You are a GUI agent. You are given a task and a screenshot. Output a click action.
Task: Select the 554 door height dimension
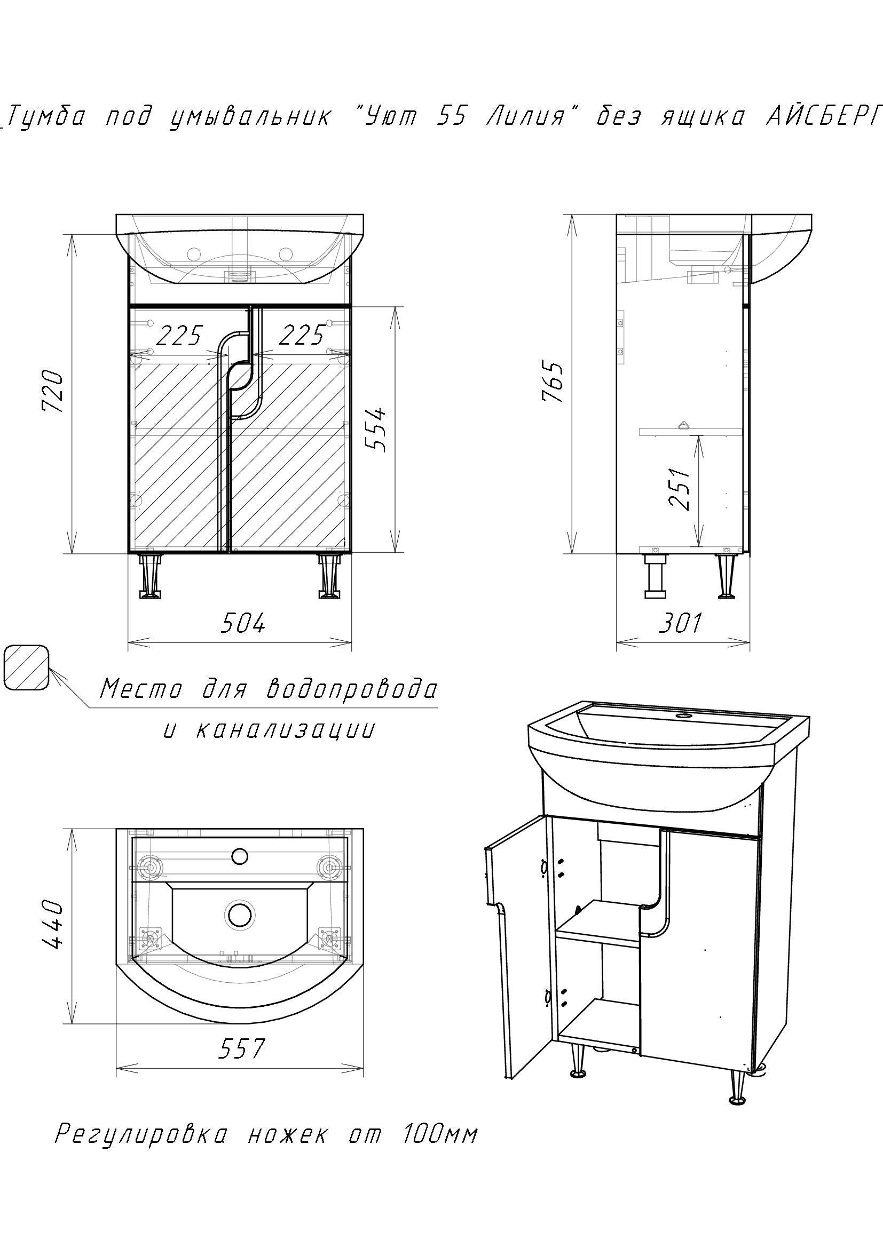[375, 430]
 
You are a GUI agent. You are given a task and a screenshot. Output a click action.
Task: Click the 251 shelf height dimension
[680, 489]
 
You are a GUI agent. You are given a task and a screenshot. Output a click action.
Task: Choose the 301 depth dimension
[680, 623]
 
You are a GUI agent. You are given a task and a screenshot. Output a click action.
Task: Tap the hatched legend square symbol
[26, 668]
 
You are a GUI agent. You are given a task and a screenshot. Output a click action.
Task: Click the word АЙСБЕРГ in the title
[823, 117]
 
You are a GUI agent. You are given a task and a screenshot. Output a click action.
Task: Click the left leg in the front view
[150, 576]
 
